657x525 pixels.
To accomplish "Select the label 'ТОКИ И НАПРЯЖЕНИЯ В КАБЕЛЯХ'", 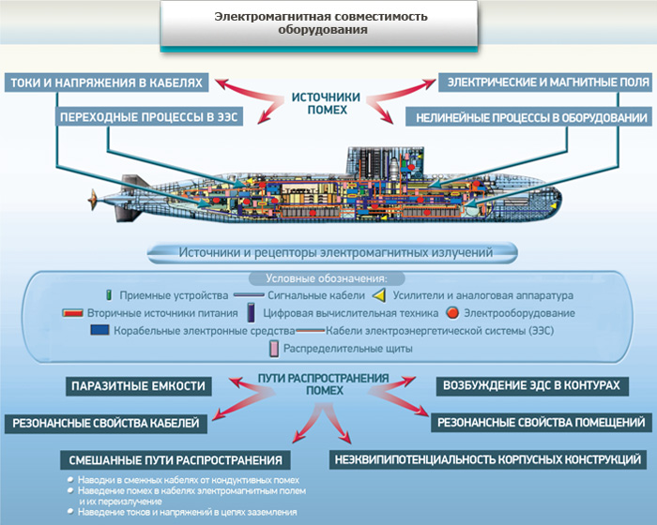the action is click(x=106, y=82).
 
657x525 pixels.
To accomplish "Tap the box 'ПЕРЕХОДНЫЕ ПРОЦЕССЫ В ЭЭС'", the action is click(x=149, y=117).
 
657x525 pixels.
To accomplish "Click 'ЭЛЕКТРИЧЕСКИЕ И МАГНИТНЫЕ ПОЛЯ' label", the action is click(x=545, y=82).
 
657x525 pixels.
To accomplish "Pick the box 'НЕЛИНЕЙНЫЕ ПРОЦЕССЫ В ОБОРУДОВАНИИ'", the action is click(x=528, y=117).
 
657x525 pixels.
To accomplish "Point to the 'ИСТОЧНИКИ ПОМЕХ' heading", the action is click(x=326, y=103).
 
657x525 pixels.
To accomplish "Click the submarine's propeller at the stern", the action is click(x=93, y=200).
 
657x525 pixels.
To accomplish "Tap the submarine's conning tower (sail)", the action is click(x=386, y=162).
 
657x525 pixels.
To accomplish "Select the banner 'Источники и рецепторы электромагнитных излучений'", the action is click(x=332, y=253).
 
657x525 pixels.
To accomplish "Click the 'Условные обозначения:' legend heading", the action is click(x=327, y=278).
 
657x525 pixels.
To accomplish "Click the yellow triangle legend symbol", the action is click(x=379, y=295).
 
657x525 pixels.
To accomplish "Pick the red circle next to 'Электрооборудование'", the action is click(x=452, y=313).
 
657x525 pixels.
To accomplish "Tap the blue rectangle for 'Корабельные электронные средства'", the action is click(x=99, y=330).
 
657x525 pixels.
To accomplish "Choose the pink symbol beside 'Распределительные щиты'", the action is click(x=274, y=349).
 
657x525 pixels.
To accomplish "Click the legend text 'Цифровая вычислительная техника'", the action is click(x=351, y=313).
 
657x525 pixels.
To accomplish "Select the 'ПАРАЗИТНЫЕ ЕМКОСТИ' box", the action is click(x=138, y=386).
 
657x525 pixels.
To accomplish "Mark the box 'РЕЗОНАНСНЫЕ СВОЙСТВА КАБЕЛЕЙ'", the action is click(x=106, y=423).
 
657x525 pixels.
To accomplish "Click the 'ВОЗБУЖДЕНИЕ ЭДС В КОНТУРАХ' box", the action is click(x=532, y=385).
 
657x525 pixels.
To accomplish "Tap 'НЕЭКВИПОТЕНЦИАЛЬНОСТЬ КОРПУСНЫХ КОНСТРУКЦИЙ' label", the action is click(x=488, y=459).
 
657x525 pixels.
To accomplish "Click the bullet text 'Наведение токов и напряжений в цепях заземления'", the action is click(x=188, y=512).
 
